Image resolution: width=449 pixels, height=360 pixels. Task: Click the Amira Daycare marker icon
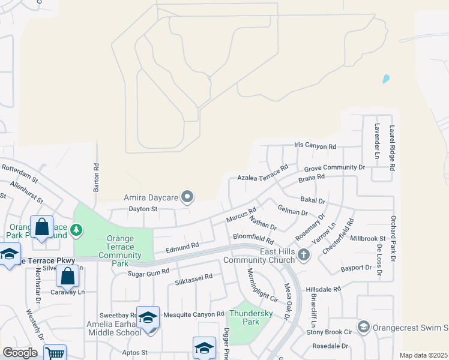188,197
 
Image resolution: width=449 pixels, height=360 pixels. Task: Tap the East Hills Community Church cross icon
304,255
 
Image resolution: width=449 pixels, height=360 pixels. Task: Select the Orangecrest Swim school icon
363,327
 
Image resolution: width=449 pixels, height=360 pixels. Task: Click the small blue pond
385,79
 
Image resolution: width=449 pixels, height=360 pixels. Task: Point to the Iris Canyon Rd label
315,146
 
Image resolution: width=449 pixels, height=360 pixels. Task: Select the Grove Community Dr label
334,169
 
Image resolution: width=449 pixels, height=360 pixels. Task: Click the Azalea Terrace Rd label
263,173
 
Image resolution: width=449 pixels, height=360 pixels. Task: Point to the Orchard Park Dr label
393,238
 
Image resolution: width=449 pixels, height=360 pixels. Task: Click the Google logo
20,353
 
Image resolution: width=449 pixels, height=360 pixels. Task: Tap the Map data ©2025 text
423,355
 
